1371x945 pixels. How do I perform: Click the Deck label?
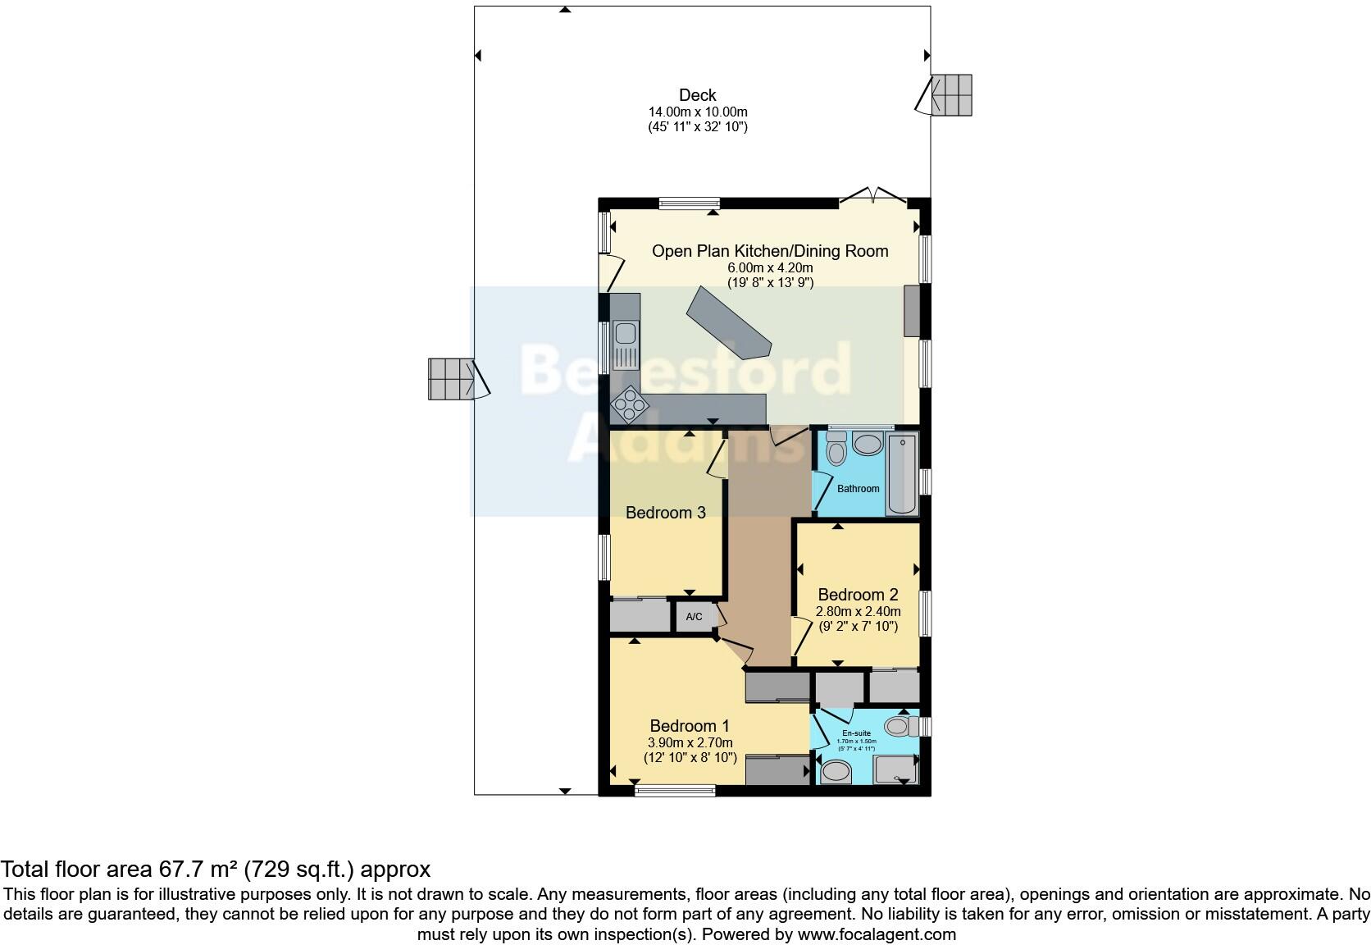[x=697, y=95]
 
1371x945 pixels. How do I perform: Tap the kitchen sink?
[x=625, y=334]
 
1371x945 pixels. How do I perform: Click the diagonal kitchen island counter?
[x=728, y=322]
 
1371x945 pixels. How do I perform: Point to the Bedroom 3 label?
[x=665, y=513]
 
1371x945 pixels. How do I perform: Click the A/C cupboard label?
[x=694, y=617]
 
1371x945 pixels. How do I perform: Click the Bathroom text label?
[x=858, y=489]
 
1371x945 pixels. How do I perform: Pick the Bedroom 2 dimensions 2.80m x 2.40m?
[x=858, y=611]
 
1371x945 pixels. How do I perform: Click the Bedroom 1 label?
[x=689, y=726]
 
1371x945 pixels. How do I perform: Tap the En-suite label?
[x=856, y=733]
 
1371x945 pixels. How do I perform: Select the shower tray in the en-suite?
[x=895, y=769]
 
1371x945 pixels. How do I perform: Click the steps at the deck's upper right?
[x=952, y=94]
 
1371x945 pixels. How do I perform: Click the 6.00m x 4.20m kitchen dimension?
[x=770, y=267]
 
